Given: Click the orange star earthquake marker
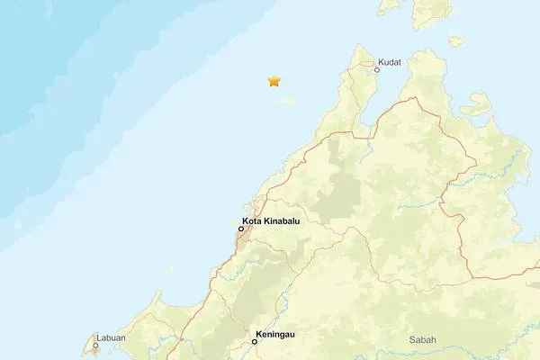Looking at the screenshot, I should [274, 81].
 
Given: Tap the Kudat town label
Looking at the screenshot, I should [390, 62].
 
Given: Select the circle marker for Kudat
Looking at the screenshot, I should [377, 69].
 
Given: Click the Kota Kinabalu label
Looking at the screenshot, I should [271, 221].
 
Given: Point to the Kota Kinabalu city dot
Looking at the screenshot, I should [241, 229].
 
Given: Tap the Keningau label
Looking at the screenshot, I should [274, 334].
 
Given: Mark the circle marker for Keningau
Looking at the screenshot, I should [255, 341].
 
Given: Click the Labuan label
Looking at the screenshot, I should [111, 338].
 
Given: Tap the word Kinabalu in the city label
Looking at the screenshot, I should [283, 221].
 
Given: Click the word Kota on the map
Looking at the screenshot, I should [252, 221].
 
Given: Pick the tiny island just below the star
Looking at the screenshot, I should [286, 101].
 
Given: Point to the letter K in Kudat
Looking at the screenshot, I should [382, 62].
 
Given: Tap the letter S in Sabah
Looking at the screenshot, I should [412, 339].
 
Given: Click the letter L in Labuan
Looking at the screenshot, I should [99, 338].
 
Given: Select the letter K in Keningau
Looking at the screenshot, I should [258, 334].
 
